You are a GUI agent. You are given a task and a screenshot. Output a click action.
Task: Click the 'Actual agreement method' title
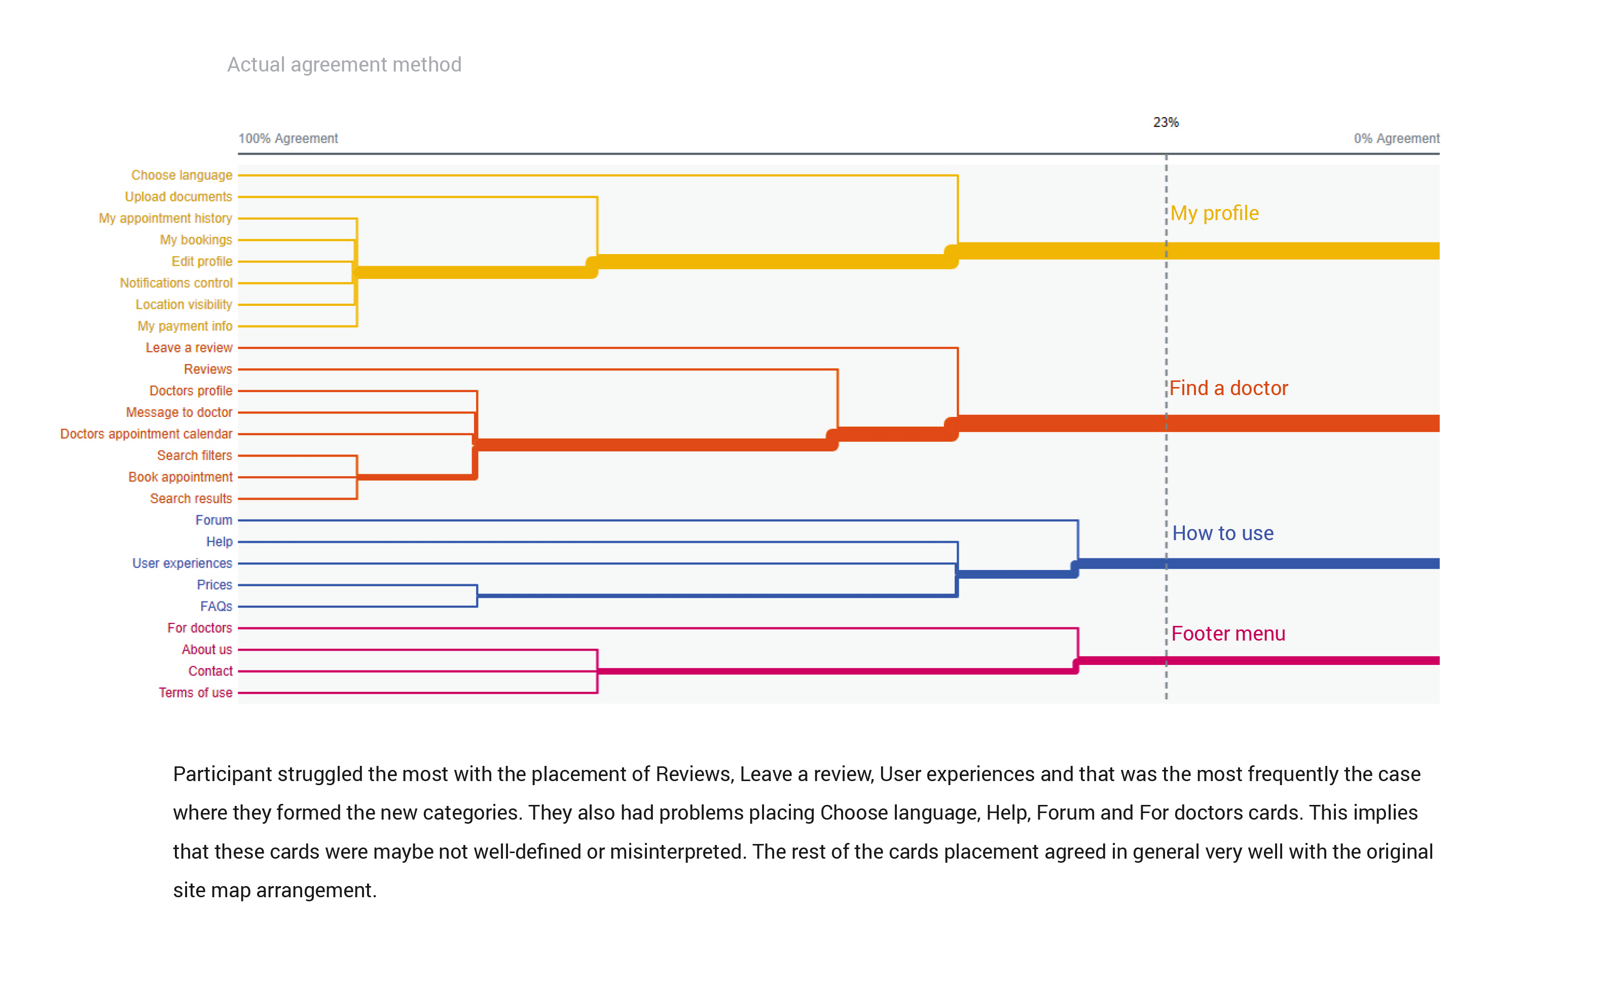click(344, 64)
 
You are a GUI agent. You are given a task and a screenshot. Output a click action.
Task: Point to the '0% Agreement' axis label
click(1396, 138)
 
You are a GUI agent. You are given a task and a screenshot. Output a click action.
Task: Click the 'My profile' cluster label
click(1214, 214)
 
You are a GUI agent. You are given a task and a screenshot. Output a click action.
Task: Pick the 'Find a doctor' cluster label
click(1228, 389)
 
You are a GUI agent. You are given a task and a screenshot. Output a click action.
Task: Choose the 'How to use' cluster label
click(1223, 534)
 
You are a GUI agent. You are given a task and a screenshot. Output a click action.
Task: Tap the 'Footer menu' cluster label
click(1228, 634)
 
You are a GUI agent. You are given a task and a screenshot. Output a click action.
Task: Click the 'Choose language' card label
click(181, 175)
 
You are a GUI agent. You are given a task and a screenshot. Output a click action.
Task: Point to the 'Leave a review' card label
click(189, 348)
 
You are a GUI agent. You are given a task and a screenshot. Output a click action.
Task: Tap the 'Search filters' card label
click(194, 455)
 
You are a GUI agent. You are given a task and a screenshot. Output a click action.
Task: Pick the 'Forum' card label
click(213, 520)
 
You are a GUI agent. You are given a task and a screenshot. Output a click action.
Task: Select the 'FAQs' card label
click(216, 607)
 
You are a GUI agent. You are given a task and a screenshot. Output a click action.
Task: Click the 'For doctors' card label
click(200, 628)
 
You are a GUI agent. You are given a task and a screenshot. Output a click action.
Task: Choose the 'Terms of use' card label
click(195, 693)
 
